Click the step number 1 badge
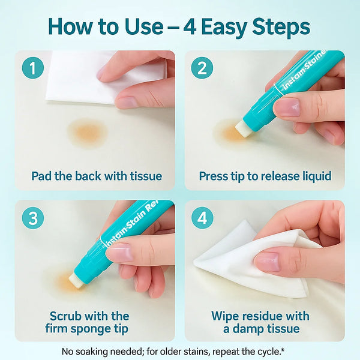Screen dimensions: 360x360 33,68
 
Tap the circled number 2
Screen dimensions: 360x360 202,68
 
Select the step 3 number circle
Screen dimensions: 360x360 33,218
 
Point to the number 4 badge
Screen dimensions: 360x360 202,218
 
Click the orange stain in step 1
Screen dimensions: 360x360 88,133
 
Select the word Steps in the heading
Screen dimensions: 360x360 281,28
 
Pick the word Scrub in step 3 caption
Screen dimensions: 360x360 64,316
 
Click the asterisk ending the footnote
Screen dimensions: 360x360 283,349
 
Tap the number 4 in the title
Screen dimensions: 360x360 190,28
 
